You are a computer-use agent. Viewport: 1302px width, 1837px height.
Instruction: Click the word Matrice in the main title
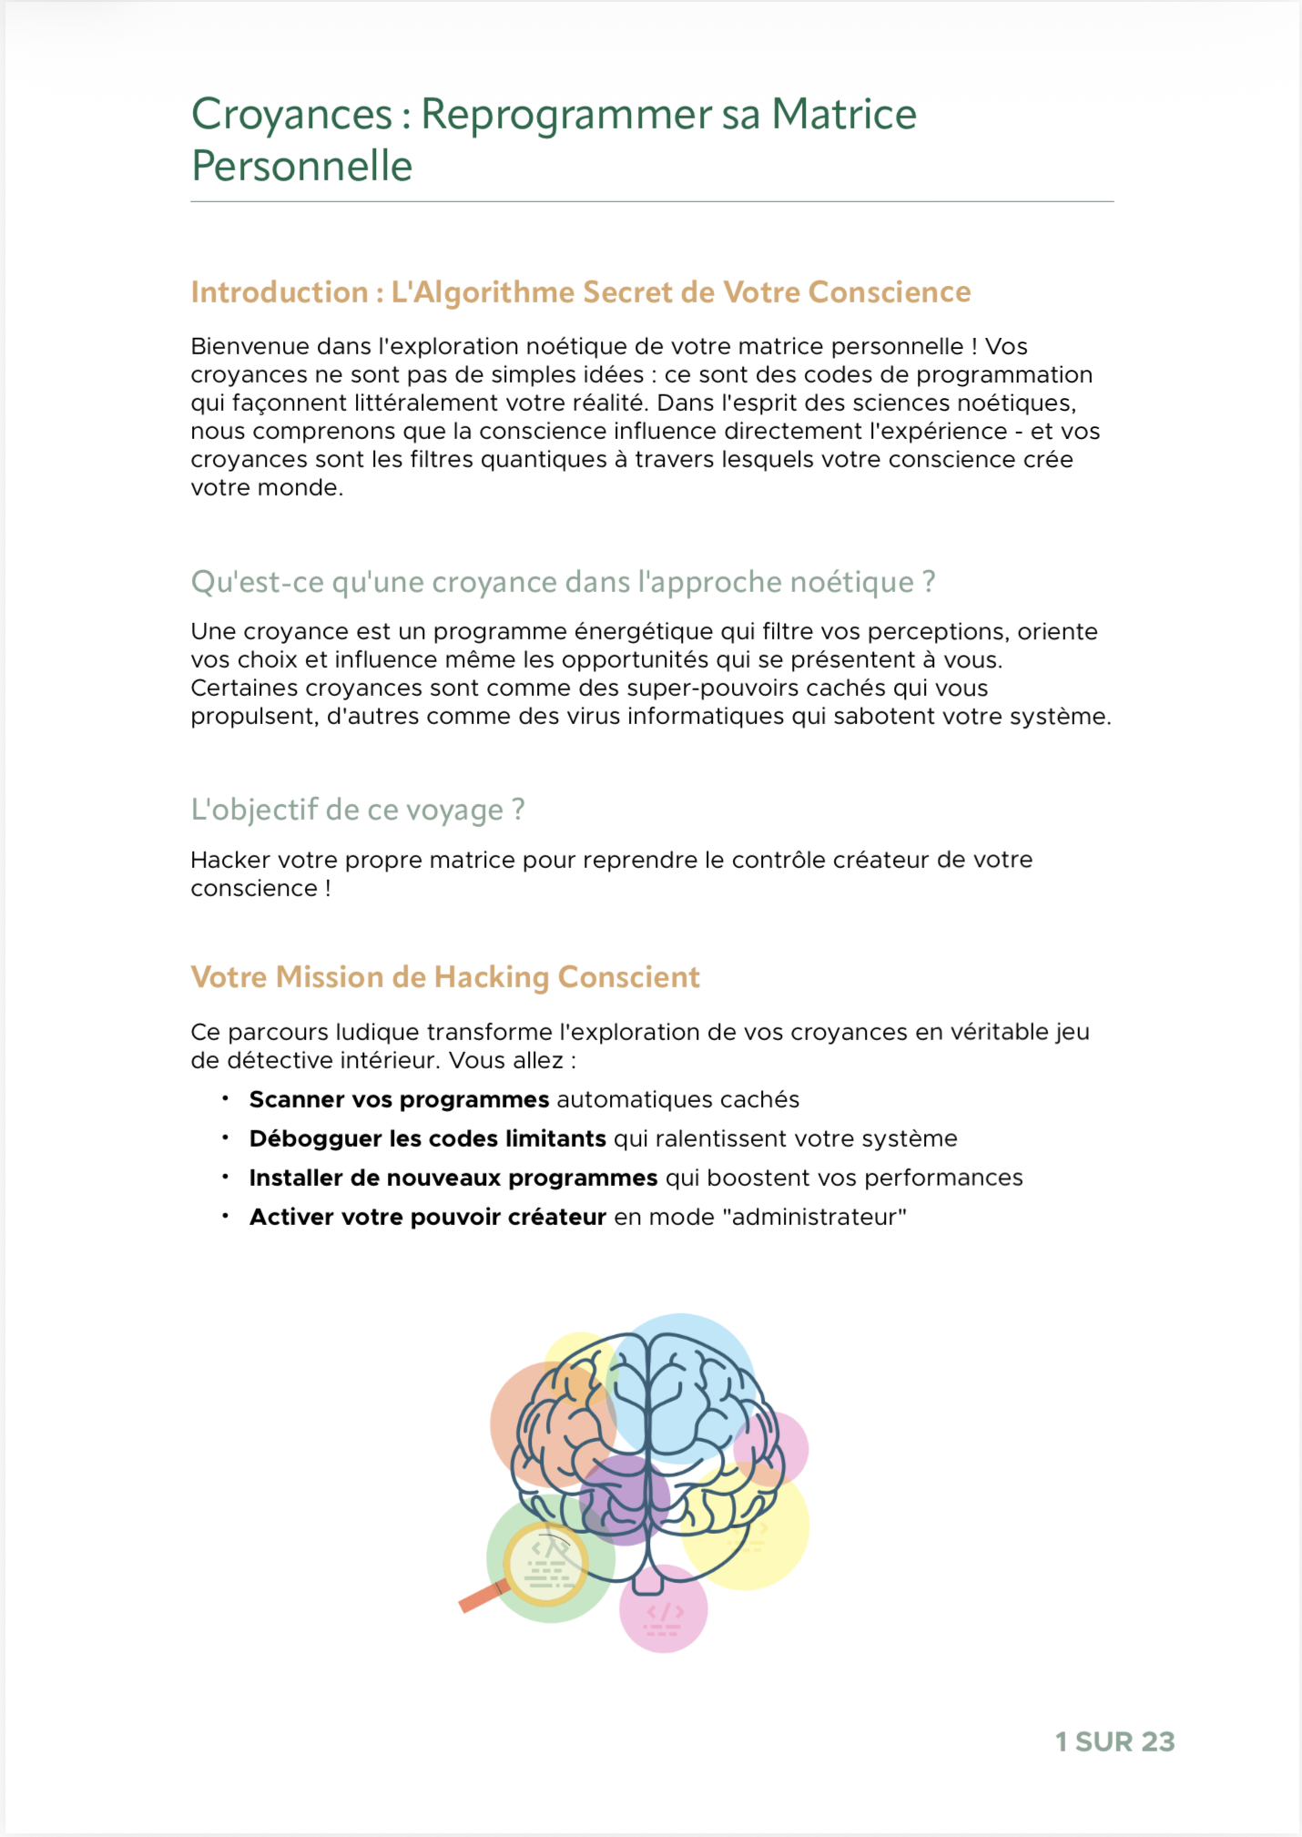pyautogui.click(x=844, y=115)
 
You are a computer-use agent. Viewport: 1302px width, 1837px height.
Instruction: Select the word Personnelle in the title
pyautogui.click(x=301, y=167)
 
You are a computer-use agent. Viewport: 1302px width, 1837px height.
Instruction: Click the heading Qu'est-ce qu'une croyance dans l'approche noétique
pyautogui.click(x=563, y=582)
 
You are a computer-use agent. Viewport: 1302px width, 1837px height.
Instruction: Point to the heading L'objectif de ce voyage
pyautogui.click(x=357, y=810)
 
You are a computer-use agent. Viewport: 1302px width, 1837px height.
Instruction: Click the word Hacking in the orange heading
pyautogui.click(x=492, y=977)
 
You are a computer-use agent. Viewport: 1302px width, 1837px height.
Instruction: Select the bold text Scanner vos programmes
pyautogui.click(x=399, y=1100)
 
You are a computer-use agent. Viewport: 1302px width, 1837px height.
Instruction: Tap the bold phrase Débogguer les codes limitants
pyautogui.click(x=427, y=1139)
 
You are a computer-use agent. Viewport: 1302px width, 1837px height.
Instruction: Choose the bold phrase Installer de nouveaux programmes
pyautogui.click(x=453, y=1179)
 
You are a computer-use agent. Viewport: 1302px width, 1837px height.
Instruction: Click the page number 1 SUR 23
pyautogui.click(x=1114, y=1741)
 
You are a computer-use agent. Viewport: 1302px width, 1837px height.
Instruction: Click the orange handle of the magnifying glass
pyautogui.click(x=482, y=1597)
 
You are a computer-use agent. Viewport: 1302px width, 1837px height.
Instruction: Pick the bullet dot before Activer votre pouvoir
pyautogui.click(x=225, y=1217)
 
